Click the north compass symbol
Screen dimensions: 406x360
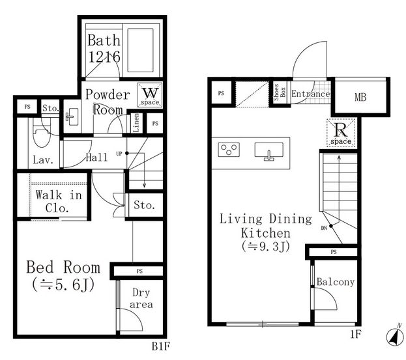[x=395, y=336]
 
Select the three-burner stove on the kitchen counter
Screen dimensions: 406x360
[x=229, y=149]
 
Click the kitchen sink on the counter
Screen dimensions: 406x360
[x=269, y=151]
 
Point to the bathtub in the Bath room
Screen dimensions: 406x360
[x=141, y=50]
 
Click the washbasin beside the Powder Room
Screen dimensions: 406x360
[x=72, y=117]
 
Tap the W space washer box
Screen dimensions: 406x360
[x=150, y=95]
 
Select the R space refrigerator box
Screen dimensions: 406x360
[x=341, y=133]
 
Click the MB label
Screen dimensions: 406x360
[x=360, y=97]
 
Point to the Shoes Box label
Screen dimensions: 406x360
[x=280, y=92]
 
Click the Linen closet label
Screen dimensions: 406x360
[x=136, y=122]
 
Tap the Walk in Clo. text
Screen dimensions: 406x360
[x=59, y=201]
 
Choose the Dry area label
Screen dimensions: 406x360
[x=141, y=298]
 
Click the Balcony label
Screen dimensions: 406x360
[x=336, y=282]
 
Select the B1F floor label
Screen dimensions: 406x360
[x=160, y=346]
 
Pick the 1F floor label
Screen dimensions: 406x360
[x=356, y=334]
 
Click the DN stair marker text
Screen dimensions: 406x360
[x=324, y=228]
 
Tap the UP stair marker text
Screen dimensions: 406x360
[x=119, y=154]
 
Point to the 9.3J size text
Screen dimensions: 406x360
[x=266, y=246]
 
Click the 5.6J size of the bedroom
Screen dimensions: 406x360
[x=63, y=284]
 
